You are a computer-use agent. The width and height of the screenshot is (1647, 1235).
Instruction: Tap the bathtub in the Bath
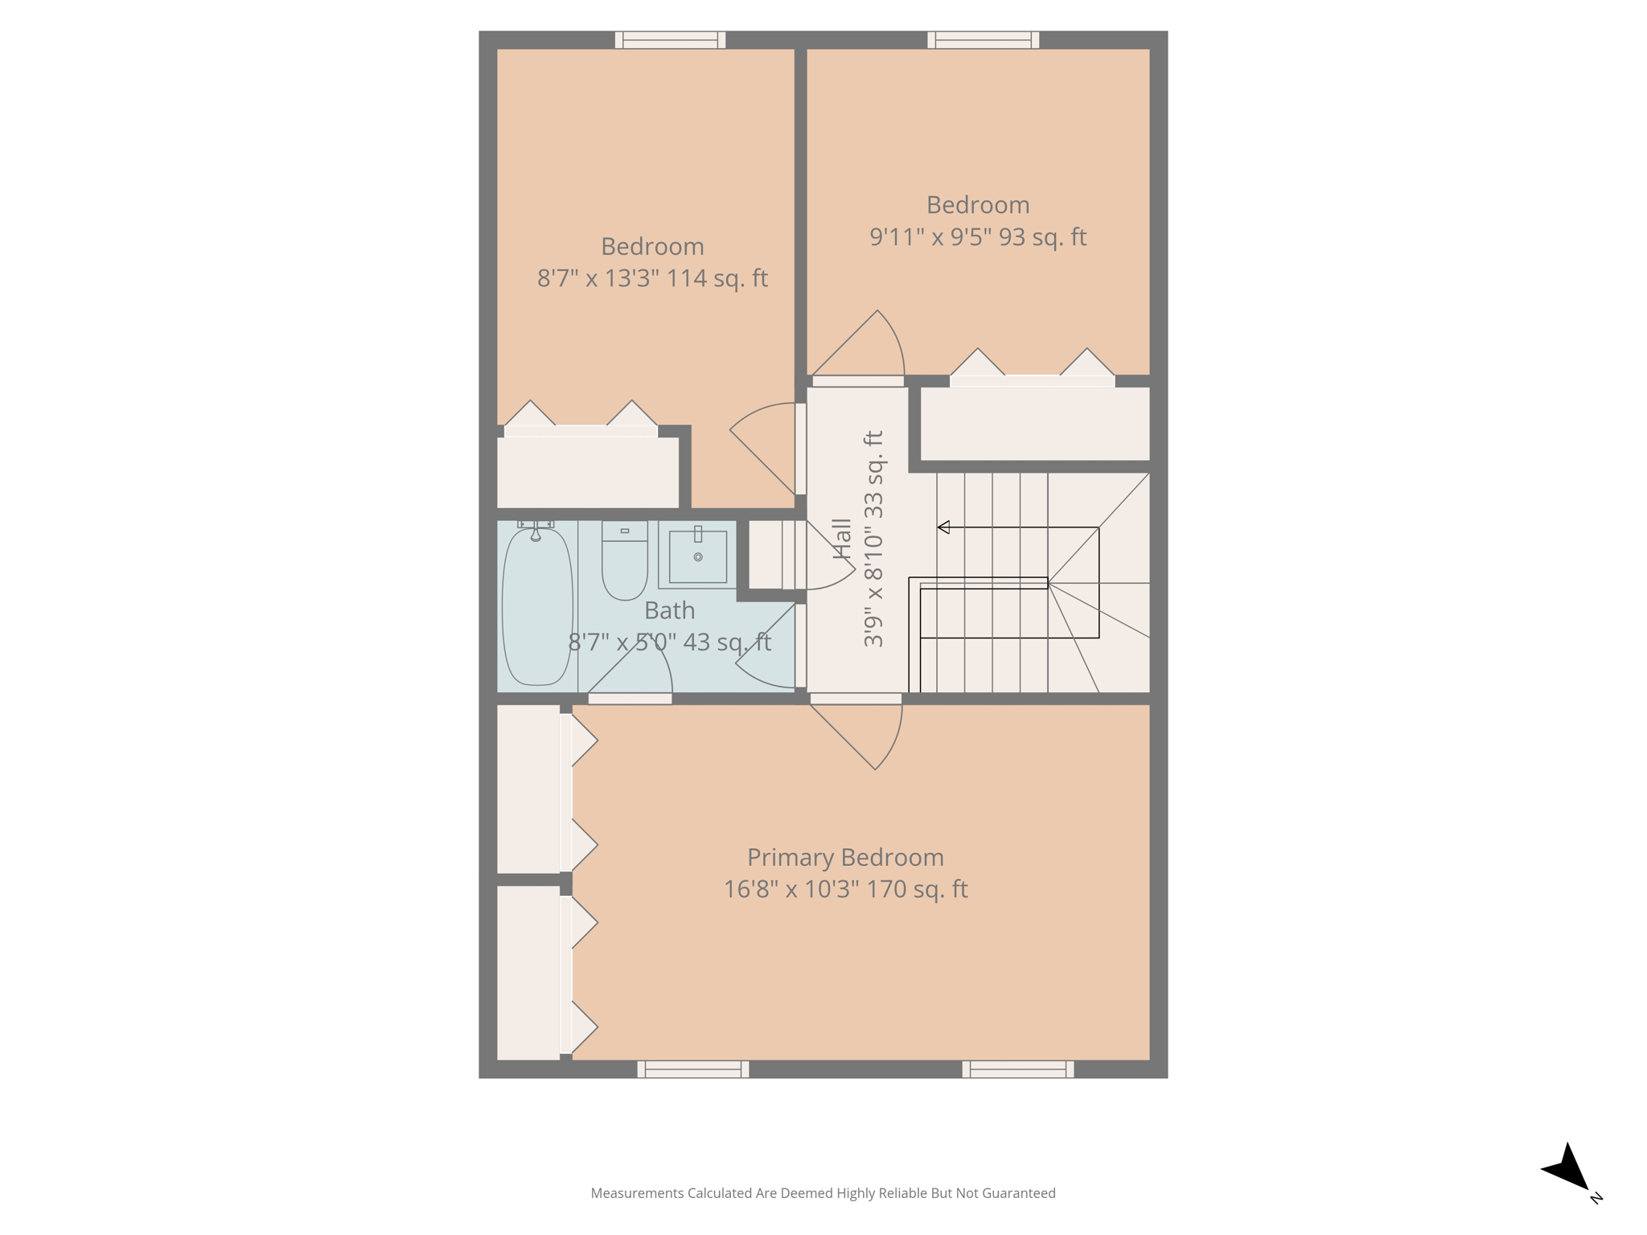pyautogui.click(x=536, y=607)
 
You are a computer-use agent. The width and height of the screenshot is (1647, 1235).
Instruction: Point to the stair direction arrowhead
pyautogui.click(x=944, y=527)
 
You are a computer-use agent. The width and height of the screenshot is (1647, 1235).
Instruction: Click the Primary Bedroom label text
pyautogui.click(x=845, y=857)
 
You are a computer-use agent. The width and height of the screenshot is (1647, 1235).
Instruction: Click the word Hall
pyautogui.click(x=842, y=538)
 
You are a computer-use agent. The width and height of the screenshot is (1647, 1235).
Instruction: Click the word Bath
pyautogui.click(x=669, y=610)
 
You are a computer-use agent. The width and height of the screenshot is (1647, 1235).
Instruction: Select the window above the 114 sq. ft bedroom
pyautogui.click(x=670, y=39)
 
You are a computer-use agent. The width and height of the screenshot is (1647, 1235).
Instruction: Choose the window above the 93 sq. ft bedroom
pyautogui.click(x=983, y=39)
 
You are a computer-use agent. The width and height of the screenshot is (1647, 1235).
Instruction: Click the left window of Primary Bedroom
pyautogui.click(x=692, y=1069)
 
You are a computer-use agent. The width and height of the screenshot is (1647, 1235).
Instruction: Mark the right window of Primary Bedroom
pyautogui.click(x=1017, y=1069)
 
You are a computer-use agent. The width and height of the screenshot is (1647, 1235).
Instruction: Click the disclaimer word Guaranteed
pyautogui.click(x=1019, y=1193)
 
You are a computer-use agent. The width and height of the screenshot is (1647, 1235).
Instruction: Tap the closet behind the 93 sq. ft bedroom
pyautogui.click(x=1034, y=424)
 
